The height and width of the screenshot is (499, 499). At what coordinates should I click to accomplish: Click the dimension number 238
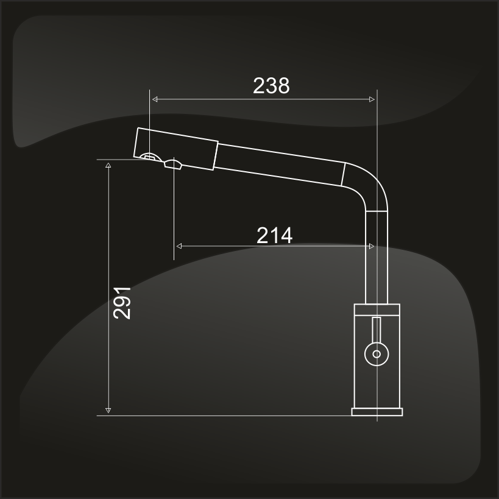(271, 86)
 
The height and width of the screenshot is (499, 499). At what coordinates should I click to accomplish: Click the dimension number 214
(274, 236)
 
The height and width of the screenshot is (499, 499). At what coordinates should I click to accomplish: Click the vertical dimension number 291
(122, 303)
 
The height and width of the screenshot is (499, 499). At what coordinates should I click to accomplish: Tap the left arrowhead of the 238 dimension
(155, 99)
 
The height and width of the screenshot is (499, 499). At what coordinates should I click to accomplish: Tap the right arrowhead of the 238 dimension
(372, 99)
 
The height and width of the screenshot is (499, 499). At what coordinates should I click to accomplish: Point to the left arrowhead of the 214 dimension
(179, 246)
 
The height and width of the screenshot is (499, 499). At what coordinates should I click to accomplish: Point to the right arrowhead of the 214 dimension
(372, 246)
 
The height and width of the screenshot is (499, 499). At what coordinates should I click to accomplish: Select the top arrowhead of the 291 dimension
(108, 165)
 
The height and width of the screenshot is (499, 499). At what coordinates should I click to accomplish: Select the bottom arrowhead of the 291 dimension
(108, 410)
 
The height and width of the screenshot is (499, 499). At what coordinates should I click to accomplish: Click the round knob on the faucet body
(377, 354)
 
